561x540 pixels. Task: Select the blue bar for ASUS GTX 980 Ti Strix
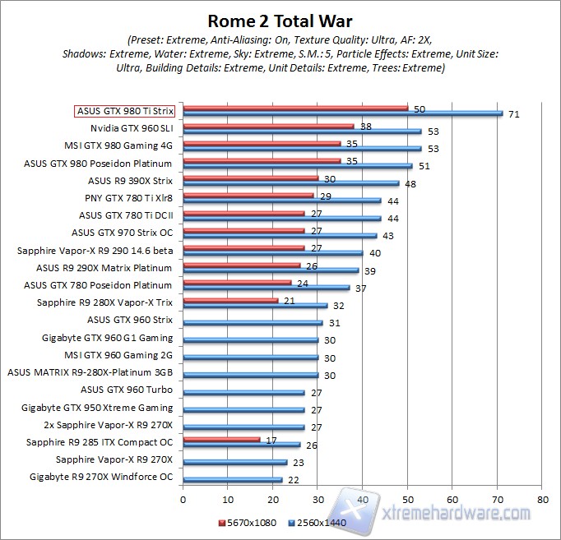click(x=342, y=113)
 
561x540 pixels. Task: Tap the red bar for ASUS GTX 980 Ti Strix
click(x=295, y=108)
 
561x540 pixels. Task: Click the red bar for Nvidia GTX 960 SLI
click(x=268, y=126)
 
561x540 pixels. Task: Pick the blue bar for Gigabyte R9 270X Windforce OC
click(x=232, y=479)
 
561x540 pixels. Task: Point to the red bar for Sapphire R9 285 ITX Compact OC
click(x=221, y=439)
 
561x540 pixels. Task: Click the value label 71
click(x=513, y=115)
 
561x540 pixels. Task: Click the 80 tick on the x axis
click(x=541, y=499)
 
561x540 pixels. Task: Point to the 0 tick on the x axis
click(x=183, y=499)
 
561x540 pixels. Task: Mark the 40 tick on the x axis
click(x=362, y=499)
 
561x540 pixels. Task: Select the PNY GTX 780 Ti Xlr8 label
click(x=128, y=198)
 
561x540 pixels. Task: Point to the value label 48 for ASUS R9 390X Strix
click(x=410, y=184)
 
